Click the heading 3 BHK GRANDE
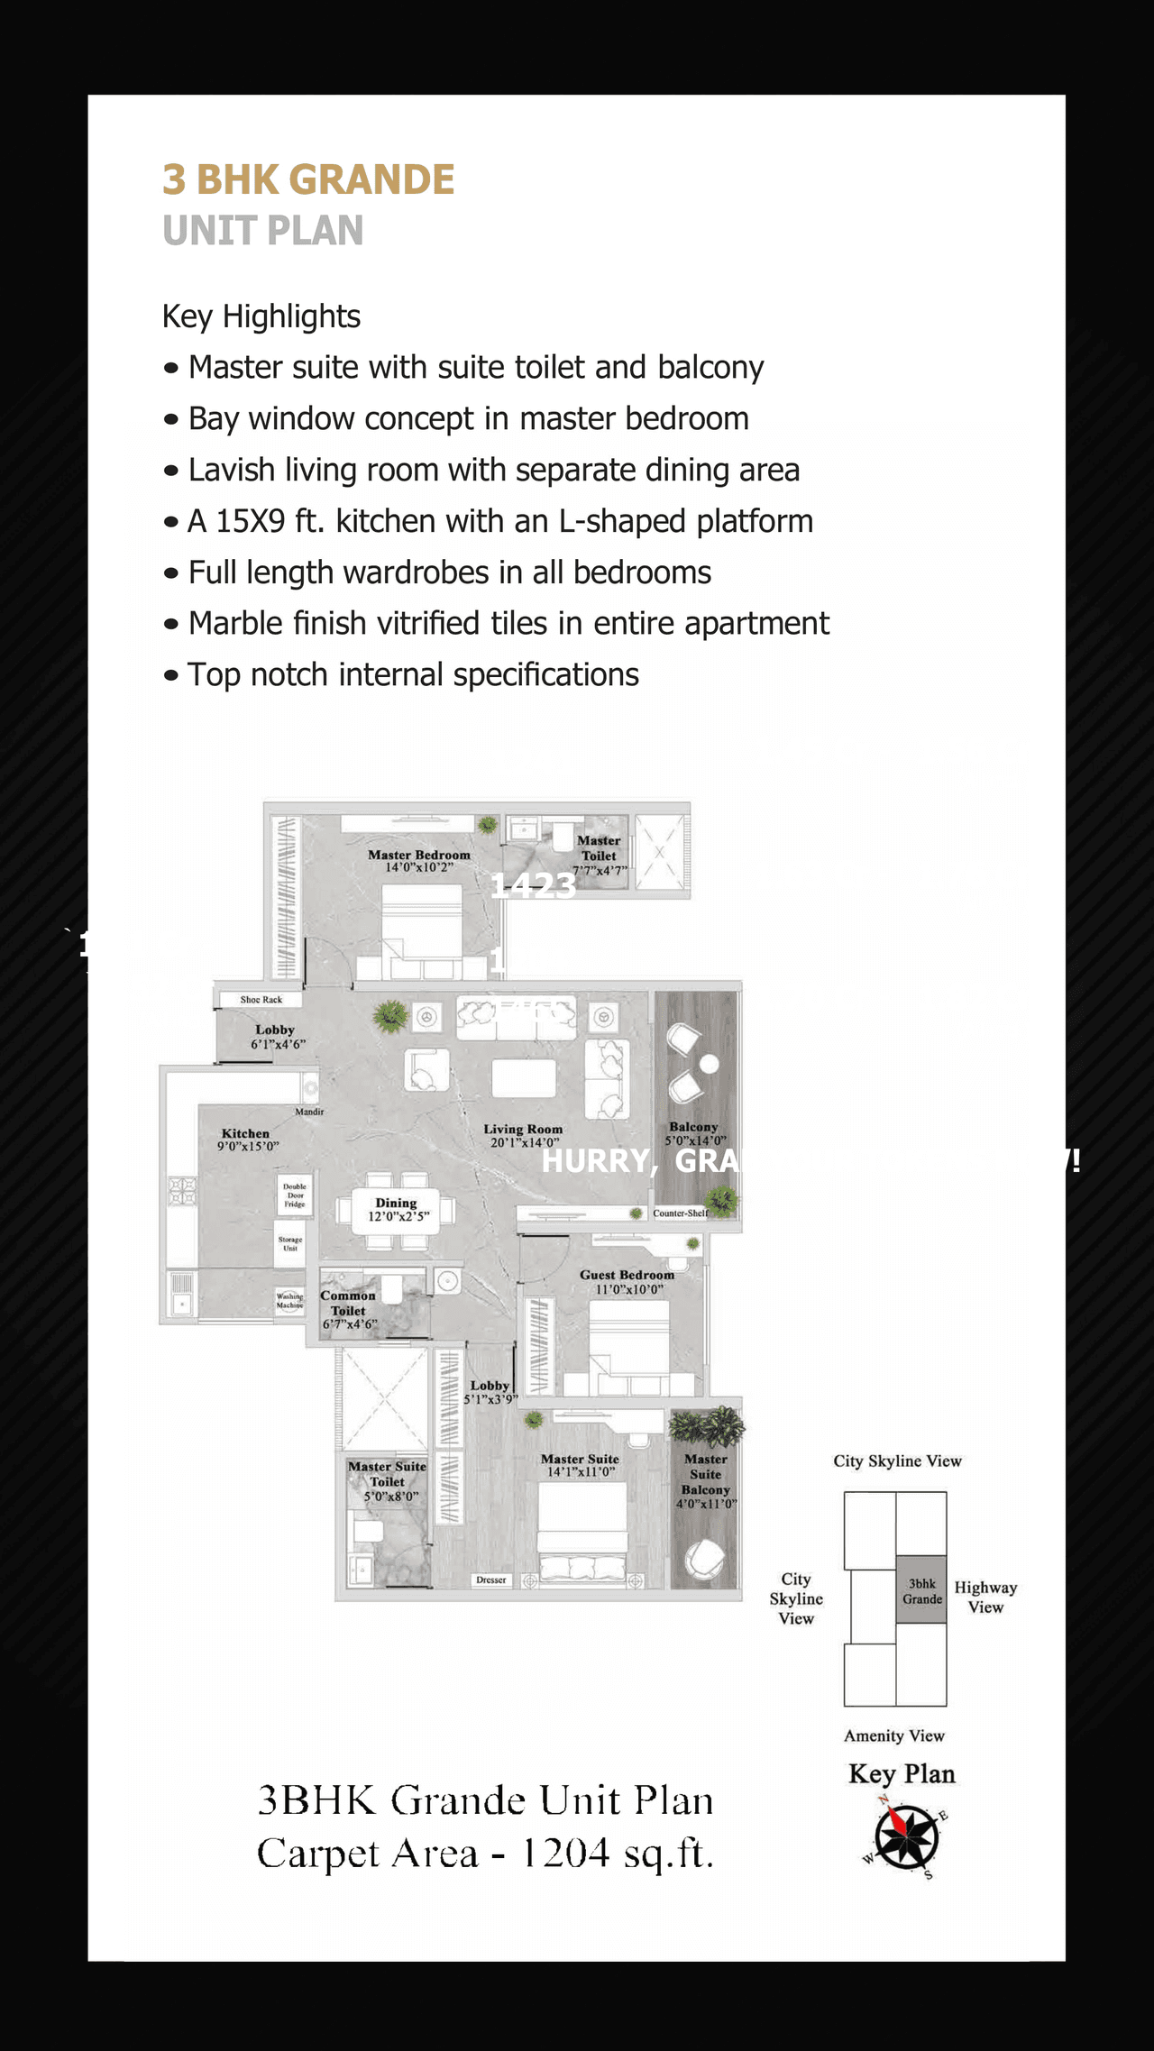pos(307,179)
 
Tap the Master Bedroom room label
pos(418,855)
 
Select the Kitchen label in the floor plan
pos(245,1133)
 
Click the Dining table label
pos(397,1204)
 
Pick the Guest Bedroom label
pos(627,1275)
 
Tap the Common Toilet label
pos(348,1303)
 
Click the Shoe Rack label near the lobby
pos(261,999)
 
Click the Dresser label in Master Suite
pos(491,1579)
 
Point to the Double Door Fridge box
pos(295,1195)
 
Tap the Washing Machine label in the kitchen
pos(289,1300)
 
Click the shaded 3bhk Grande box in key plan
pos(921,1590)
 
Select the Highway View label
pos(985,1597)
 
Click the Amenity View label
pos(893,1735)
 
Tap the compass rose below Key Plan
pos(906,1836)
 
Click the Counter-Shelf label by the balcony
pos(679,1213)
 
